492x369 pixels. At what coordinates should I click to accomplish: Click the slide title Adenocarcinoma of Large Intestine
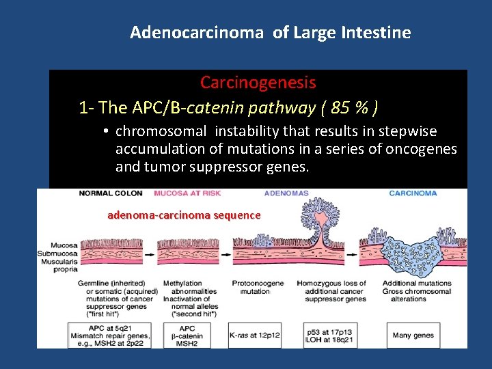pos(270,32)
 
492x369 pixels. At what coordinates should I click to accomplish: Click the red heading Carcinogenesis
pos(258,83)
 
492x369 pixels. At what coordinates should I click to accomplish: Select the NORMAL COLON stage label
pos(111,193)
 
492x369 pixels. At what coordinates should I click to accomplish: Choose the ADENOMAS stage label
pos(286,193)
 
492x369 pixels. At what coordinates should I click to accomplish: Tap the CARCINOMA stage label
pos(413,193)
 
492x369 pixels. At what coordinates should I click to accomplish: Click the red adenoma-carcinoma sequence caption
pos(184,215)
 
